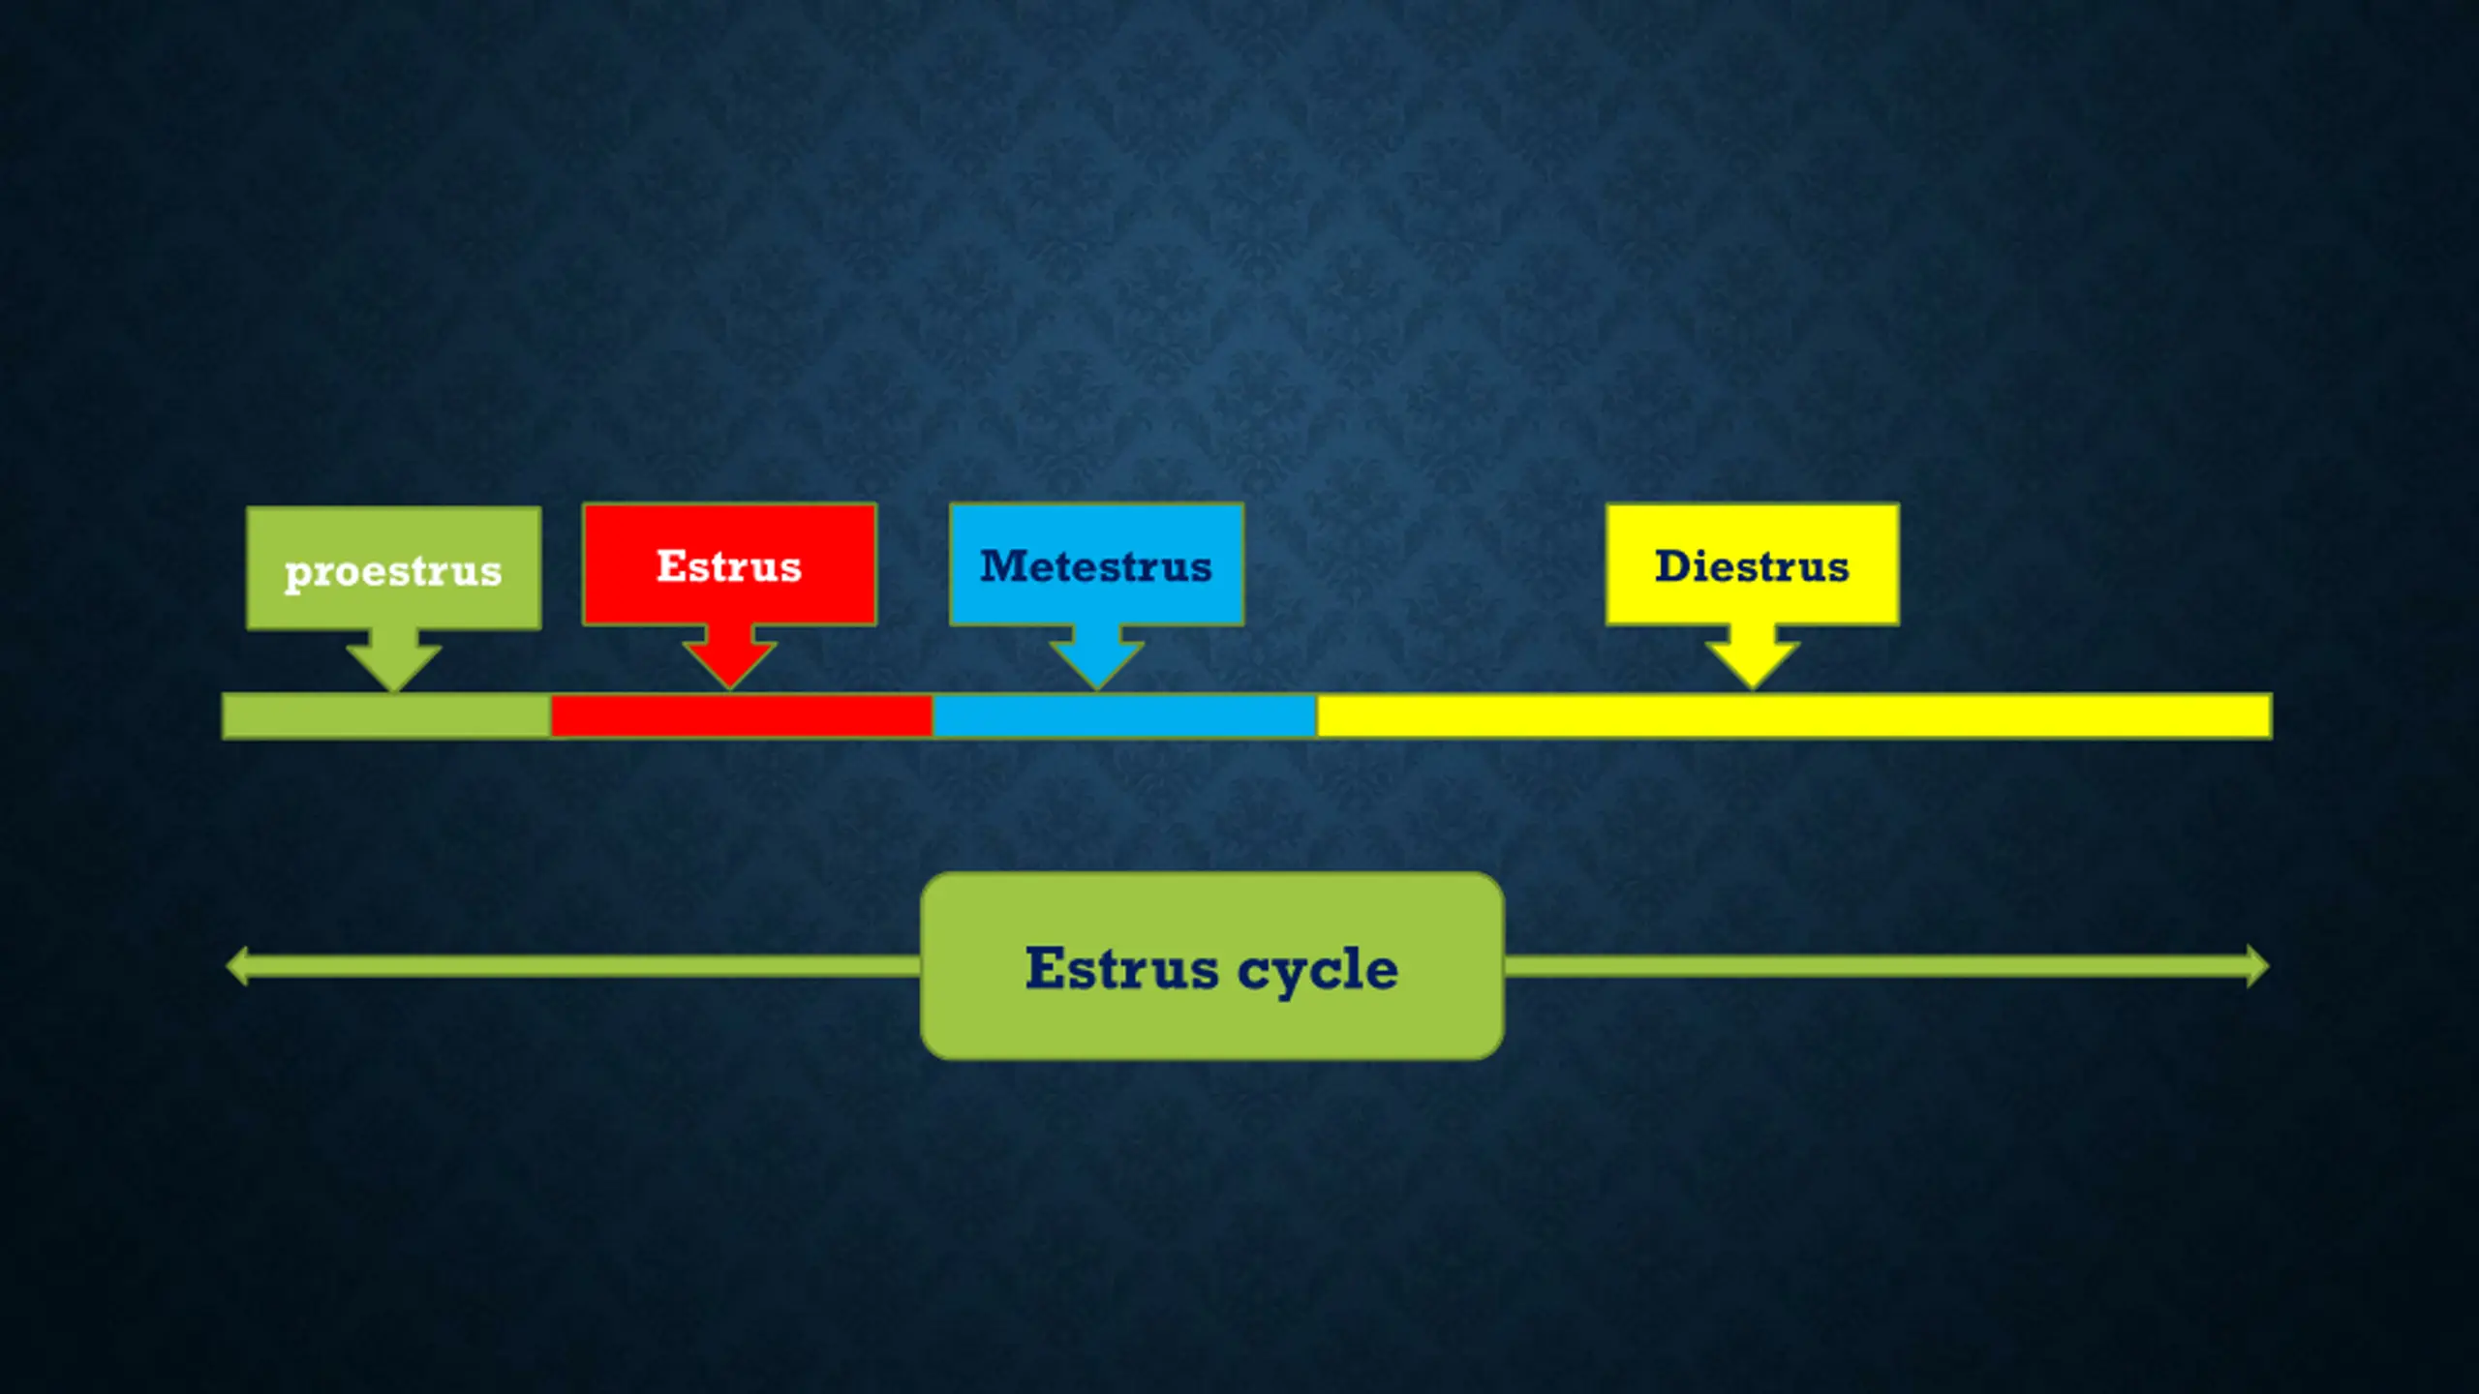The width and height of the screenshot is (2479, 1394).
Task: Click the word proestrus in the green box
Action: pyautogui.click(x=392, y=571)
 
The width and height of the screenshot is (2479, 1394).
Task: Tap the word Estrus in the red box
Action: pyautogui.click(x=728, y=566)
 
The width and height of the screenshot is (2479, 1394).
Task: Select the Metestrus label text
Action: pyautogui.click(x=1095, y=566)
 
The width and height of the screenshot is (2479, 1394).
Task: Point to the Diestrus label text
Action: pyautogui.click(x=1752, y=566)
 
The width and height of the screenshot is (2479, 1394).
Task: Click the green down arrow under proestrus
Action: pyautogui.click(x=393, y=660)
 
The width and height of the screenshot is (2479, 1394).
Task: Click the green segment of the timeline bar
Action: pyautogui.click(x=386, y=716)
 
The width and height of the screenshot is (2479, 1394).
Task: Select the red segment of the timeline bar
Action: pyautogui.click(x=742, y=716)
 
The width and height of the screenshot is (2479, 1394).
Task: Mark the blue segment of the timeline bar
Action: pyautogui.click(x=1124, y=716)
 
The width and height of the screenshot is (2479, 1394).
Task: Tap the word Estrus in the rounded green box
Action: pyautogui.click(x=1121, y=969)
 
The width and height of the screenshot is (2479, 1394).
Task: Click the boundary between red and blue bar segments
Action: pyautogui.click(x=933, y=716)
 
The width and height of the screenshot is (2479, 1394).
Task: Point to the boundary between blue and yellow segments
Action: pyautogui.click(x=1317, y=716)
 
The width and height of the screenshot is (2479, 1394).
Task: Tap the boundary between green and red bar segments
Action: pyautogui.click(x=551, y=716)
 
